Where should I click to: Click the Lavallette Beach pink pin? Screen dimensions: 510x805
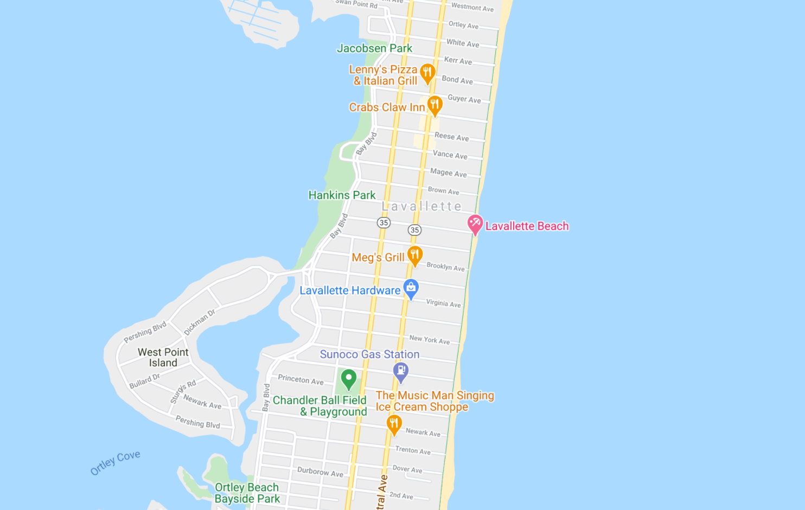tap(475, 223)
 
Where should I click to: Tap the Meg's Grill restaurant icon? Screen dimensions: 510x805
tap(415, 254)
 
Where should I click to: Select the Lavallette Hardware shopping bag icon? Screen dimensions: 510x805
tap(411, 288)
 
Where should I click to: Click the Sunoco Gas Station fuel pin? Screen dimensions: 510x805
tap(401, 371)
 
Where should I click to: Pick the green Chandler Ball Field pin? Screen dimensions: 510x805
tap(349, 378)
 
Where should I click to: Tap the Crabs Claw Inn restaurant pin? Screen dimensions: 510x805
tap(435, 104)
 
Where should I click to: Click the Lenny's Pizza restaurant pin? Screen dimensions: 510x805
tap(427, 72)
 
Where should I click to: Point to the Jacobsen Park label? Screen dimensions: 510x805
tap(374, 48)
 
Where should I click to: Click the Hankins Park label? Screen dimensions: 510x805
tap(342, 195)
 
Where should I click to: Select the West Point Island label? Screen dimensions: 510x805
tap(163, 358)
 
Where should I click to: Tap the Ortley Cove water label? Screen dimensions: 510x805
tap(115, 462)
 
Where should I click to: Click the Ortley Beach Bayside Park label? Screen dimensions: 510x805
tap(247, 493)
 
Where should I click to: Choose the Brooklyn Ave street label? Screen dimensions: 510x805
tap(445, 266)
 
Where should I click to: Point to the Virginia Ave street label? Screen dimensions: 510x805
tap(443, 303)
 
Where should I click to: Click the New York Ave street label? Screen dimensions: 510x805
tap(429, 340)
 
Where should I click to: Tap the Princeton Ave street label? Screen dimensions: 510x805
tap(301, 379)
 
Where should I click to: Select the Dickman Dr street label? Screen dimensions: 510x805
tap(199, 322)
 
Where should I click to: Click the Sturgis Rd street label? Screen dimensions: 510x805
tap(183, 392)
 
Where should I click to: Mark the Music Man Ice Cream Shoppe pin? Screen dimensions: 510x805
tap(394, 423)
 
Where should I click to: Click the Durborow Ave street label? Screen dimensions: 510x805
tap(320, 472)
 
